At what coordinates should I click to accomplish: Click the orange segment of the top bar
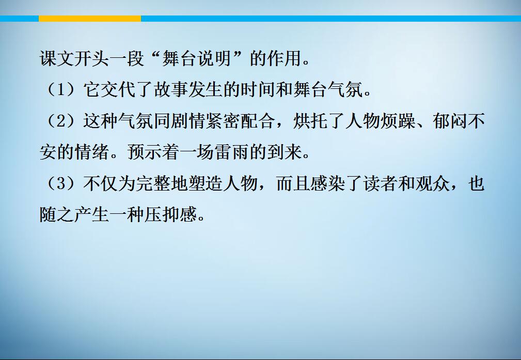coord(90,19)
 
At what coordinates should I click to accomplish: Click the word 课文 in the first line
coord(57,58)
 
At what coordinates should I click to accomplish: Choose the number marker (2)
coord(61,121)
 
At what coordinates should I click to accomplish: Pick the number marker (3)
coord(61,183)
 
